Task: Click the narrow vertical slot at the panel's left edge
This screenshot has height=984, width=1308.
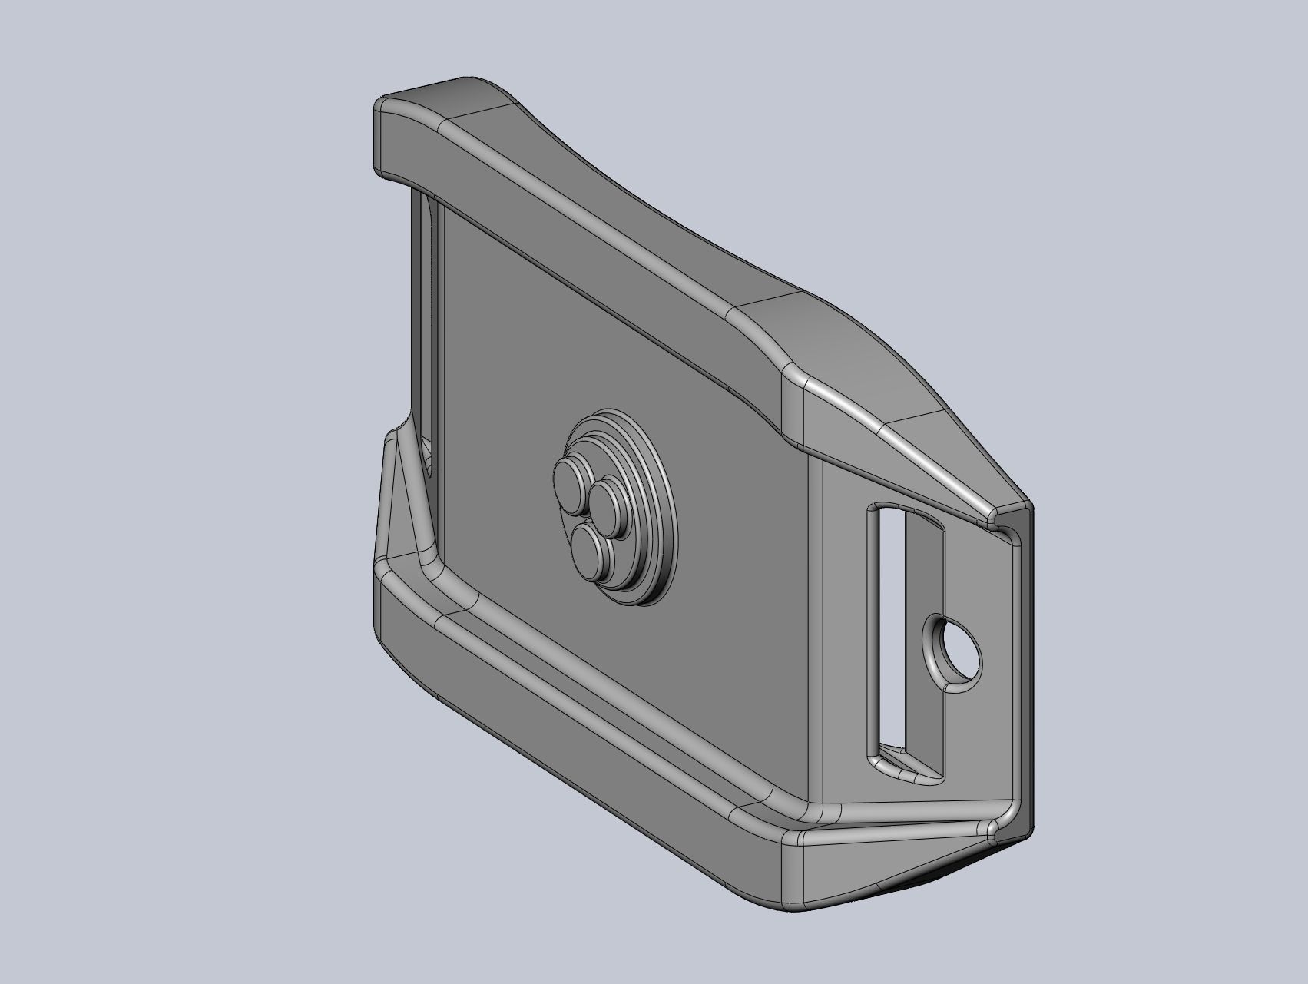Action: click(x=429, y=323)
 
